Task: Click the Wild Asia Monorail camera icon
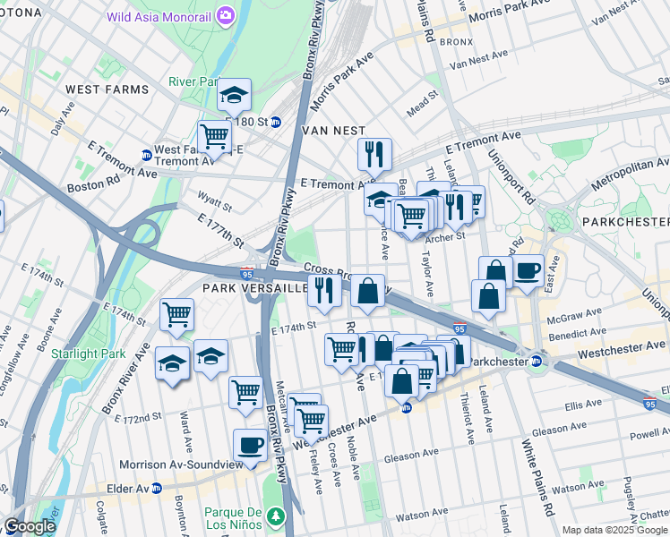pos(225,15)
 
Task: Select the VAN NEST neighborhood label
pos(333,130)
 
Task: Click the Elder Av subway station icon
pos(157,489)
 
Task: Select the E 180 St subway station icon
pos(276,122)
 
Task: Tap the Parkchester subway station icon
pos(537,362)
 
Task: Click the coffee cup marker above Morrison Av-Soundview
pos(251,444)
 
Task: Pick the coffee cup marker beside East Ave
pos(528,269)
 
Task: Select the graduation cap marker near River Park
pos(235,94)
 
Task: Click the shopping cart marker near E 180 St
pos(214,136)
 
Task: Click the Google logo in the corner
pos(30,526)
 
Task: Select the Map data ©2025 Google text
pos(614,530)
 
